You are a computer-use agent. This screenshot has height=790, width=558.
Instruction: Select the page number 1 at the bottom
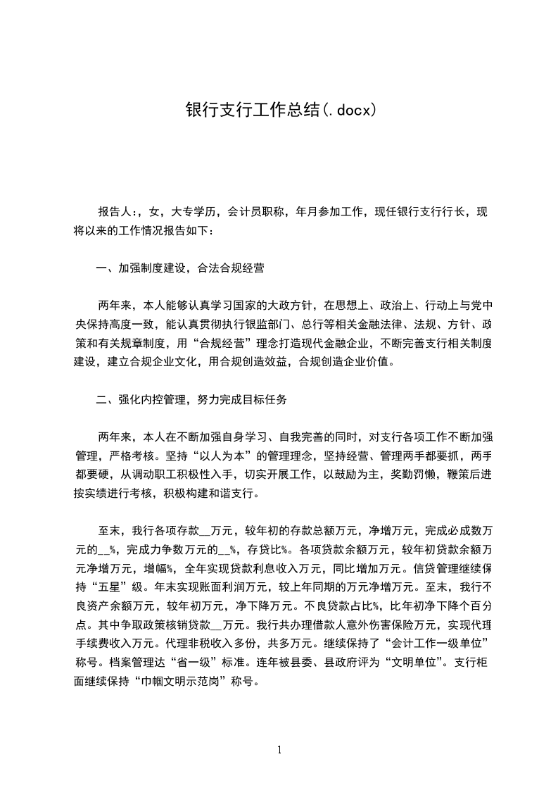tap(279, 750)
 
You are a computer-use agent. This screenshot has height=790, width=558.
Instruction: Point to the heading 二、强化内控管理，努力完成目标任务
tap(191, 400)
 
